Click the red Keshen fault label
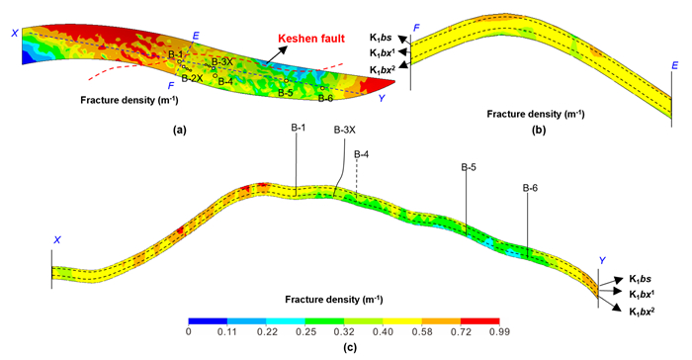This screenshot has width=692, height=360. pyautogui.click(x=311, y=39)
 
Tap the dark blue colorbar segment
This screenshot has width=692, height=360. pyautogui.click(x=208, y=321)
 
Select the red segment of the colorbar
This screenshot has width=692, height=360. pyautogui.click(x=479, y=321)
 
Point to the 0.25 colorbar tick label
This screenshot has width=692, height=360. pyautogui.click(x=305, y=331)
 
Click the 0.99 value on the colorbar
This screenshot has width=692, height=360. pyautogui.click(x=499, y=331)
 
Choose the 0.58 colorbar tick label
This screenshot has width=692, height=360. pyautogui.click(x=422, y=331)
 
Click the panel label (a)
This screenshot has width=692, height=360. pyautogui.click(x=180, y=130)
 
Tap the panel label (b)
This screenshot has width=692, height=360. pyautogui.click(x=539, y=131)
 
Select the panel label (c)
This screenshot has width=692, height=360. pyautogui.click(x=350, y=347)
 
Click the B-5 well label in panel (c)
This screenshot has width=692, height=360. pyautogui.click(x=469, y=167)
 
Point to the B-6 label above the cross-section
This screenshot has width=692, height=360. pyautogui.click(x=530, y=188)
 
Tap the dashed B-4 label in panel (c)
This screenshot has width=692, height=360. pyautogui.click(x=361, y=154)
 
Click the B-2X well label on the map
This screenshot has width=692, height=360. pyautogui.click(x=193, y=78)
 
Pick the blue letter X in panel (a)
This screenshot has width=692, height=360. pyautogui.click(x=15, y=33)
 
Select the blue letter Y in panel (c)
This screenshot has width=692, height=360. pyautogui.click(x=602, y=261)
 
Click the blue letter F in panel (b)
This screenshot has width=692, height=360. pyautogui.click(x=416, y=29)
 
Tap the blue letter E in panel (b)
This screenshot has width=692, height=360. pyautogui.click(x=675, y=66)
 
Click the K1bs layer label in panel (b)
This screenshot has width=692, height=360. pyautogui.click(x=381, y=38)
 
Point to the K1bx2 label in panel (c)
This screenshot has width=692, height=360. pyautogui.click(x=642, y=312)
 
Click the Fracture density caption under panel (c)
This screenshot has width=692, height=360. pyautogui.click(x=334, y=300)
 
